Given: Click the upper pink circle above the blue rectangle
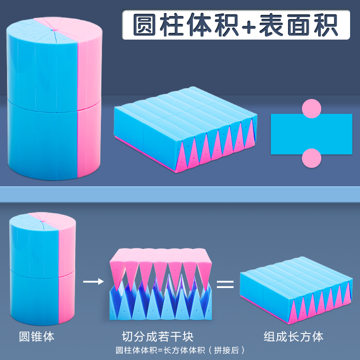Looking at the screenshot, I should (311, 108).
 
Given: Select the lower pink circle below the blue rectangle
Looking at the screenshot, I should (311, 158).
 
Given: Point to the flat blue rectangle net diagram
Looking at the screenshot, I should (311, 134).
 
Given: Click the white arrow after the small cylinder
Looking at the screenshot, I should (93, 282).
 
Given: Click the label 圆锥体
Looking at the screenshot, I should (36, 337).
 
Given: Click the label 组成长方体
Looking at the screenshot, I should (293, 336).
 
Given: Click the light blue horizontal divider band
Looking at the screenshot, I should (180, 194).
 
